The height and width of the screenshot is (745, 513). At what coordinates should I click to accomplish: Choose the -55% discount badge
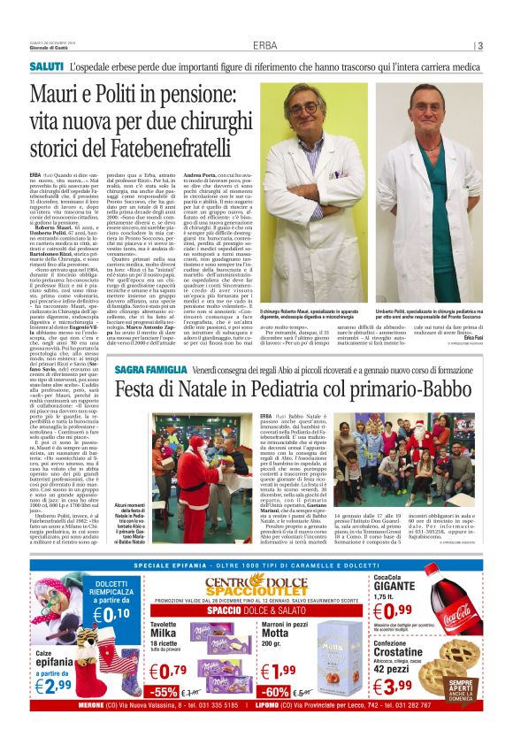[164, 691]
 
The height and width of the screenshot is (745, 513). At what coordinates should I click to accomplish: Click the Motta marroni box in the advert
[339, 656]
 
